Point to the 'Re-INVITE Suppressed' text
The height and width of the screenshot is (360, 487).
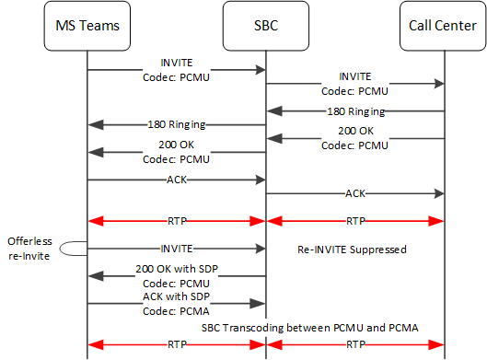point(350,250)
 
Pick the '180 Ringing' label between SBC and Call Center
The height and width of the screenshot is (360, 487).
point(354,111)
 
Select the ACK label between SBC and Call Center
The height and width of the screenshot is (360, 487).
point(354,194)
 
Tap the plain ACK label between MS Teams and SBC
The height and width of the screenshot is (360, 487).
point(175,180)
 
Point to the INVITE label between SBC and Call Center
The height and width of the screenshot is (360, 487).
point(354,75)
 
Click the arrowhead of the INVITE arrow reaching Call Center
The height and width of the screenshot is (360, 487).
point(439,84)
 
